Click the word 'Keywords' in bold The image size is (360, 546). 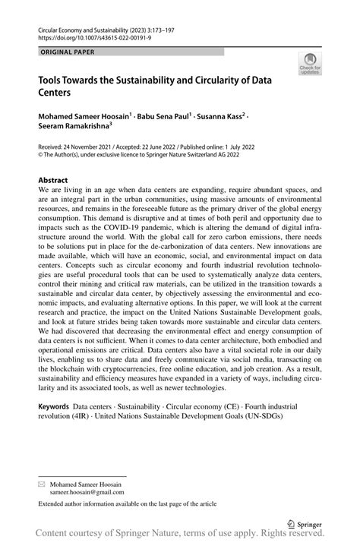pyautogui.click(x=57, y=408)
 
